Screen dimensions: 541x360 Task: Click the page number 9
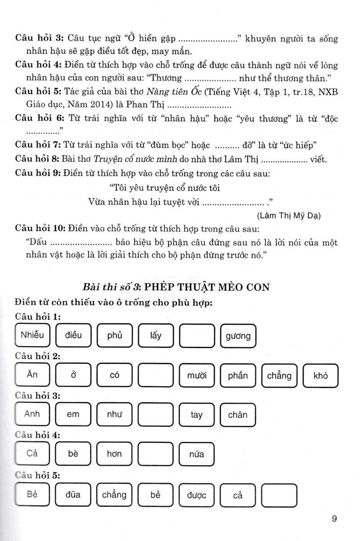pyautogui.click(x=334, y=518)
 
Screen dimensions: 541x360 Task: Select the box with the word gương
pyautogui.click(x=238, y=336)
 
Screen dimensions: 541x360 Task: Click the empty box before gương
pyautogui.click(x=197, y=336)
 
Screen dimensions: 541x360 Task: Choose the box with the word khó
pyautogui.click(x=320, y=375)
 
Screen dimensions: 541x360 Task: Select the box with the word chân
pyautogui.click(x=238, y=414)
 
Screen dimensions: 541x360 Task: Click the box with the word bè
pyautogui.click(x=73, y=454)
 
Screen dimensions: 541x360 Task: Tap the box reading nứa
pyautogui.click(x=197, y=454)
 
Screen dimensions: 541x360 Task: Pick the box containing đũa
pyautogui.click(x=73, y=495)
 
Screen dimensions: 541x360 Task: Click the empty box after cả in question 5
pyautogui.click(x=279, y=495)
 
